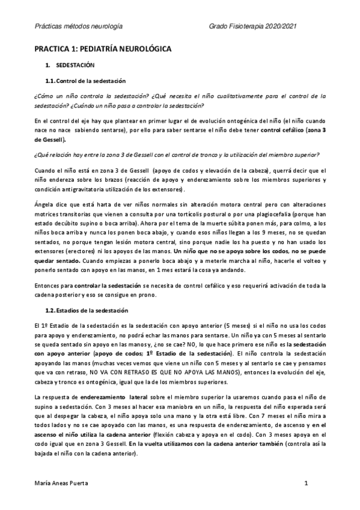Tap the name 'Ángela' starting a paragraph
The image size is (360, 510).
click(x=42, y=197)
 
